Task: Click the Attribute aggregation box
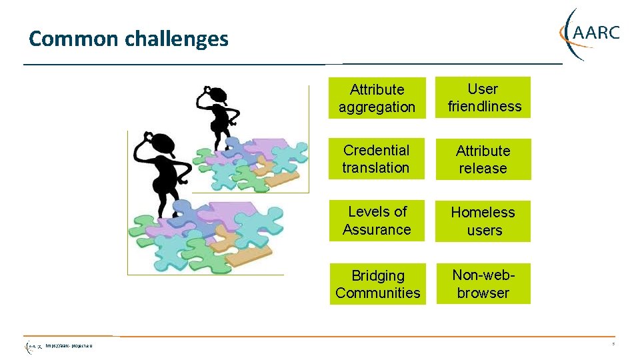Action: (x=377, y=99)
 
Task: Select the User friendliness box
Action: (x=483, y=98)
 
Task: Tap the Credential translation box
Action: (x=377, y=159)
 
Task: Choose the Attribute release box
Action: (x=483, y=160)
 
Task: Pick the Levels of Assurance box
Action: (x=377, y=221)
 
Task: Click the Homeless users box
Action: (x=483, y=221)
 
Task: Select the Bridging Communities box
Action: (x=377, y=285)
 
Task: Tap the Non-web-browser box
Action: (x=483, y=285)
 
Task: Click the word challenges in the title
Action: (x=177, y=39)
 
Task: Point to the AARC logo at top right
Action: (x=590, y=33)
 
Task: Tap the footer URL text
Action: (x=69, y=347)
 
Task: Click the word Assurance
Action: (x=377, y=230)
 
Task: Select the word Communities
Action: (x=378, y=293)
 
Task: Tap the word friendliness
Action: (x=485, y=107)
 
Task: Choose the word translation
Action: (x=376, y=168)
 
